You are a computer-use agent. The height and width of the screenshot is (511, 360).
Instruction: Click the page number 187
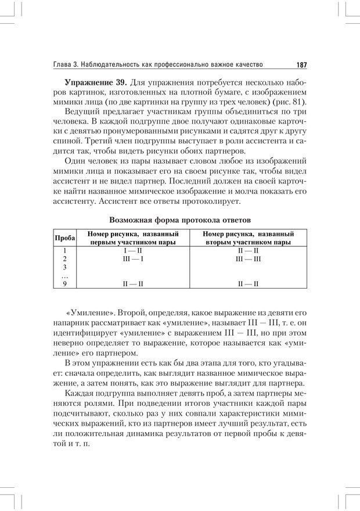[x=300, y=64]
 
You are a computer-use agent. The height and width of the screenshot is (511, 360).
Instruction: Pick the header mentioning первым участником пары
[x=133, y=238]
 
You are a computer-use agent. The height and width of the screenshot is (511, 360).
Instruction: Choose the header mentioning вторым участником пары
[x=247, y=238]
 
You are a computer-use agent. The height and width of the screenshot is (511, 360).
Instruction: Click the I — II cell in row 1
[x=133, y=250]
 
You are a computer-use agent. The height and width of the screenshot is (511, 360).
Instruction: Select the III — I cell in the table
[x=133, y=258]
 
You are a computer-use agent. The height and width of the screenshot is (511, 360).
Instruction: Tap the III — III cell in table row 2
[x=248, y=258]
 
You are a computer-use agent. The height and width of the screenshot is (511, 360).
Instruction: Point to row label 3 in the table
[x=65, y=267]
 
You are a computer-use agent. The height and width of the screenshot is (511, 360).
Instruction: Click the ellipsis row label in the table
[x=65, y=275]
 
